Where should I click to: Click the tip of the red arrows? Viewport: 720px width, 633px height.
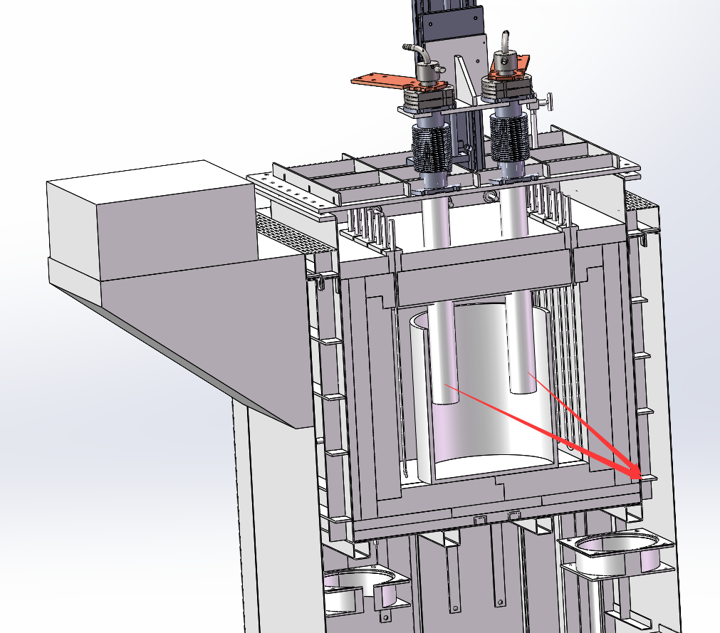coord(638,476)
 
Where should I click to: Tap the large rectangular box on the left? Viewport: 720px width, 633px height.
coord(150,221)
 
